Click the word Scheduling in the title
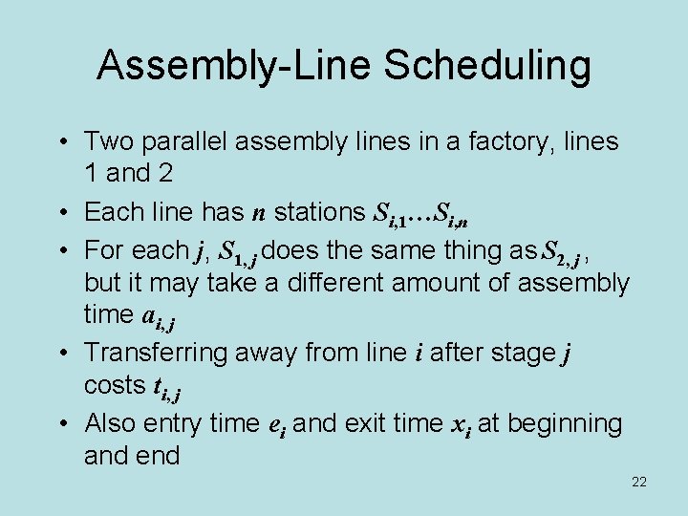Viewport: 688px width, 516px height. (487, 66)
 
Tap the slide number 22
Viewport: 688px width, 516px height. (639, 482)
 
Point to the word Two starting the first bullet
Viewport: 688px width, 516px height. (107, 141)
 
